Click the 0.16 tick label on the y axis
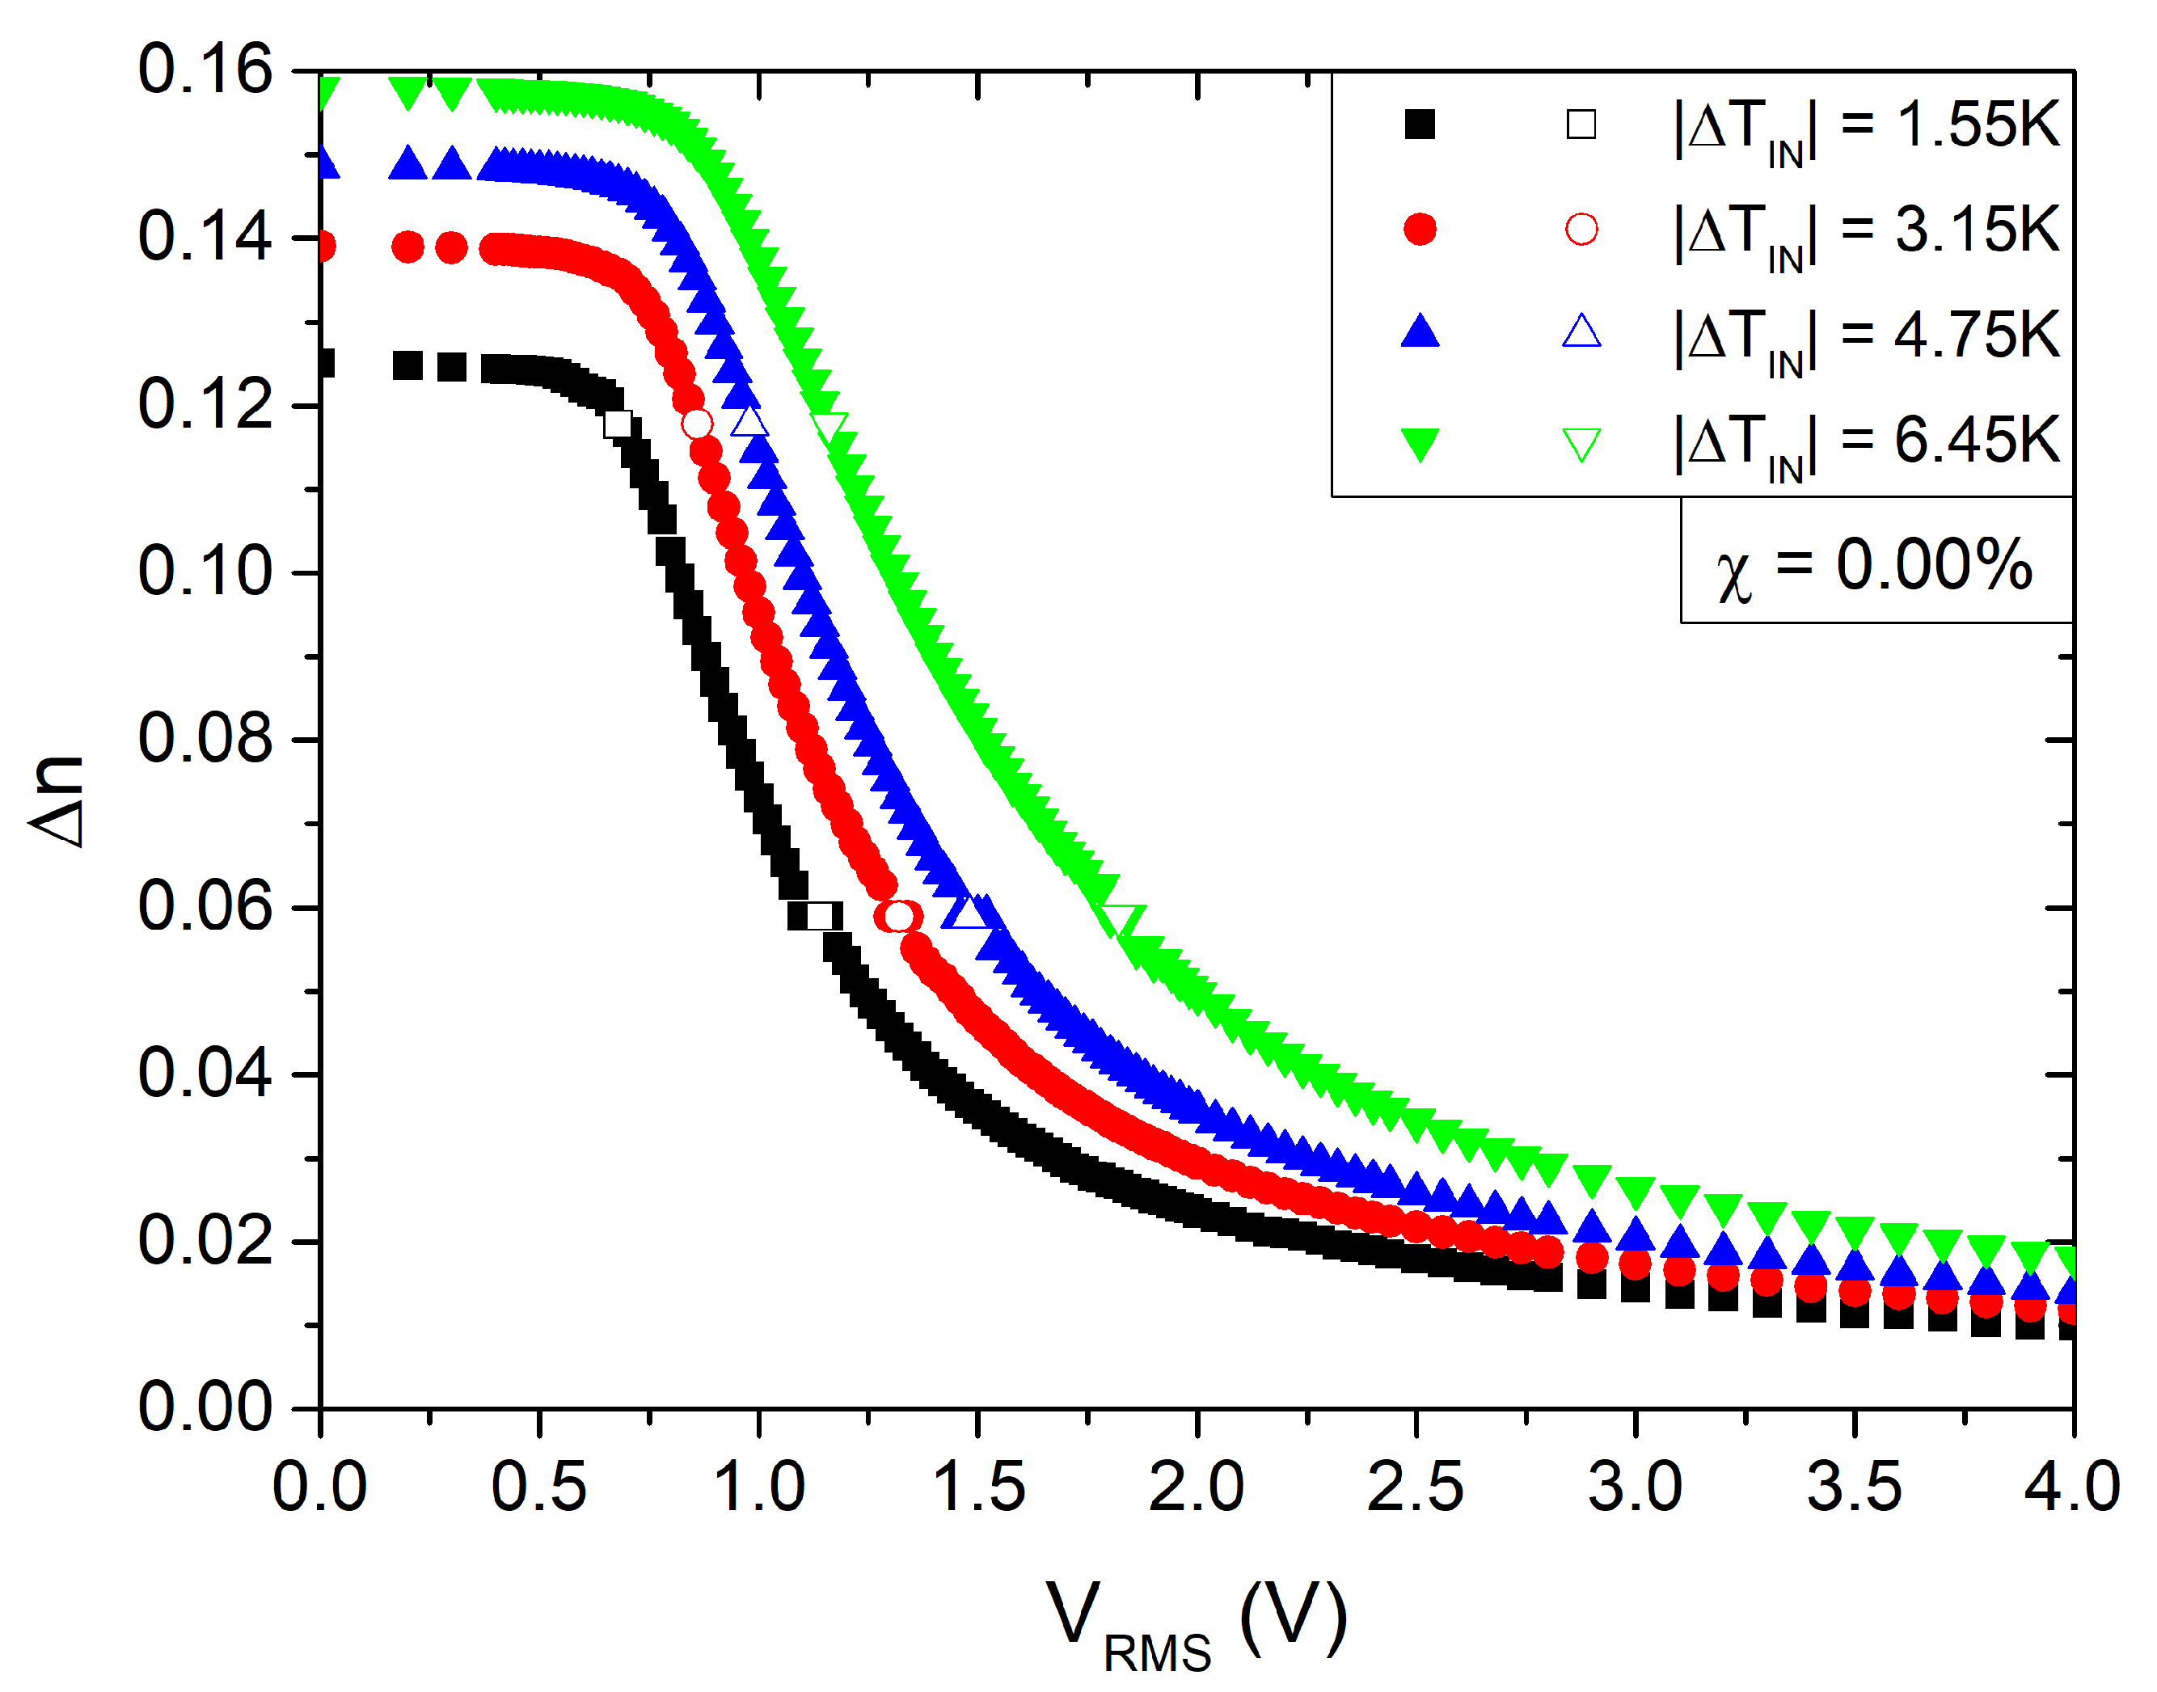204,70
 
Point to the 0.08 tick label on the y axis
204,739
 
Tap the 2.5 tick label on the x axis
1415,1487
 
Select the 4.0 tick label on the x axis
2072,1487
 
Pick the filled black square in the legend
1419,124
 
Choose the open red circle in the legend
1581,230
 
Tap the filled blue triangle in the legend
1419,332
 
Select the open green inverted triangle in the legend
1581,443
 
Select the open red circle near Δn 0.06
897,917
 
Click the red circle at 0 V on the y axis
325,246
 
